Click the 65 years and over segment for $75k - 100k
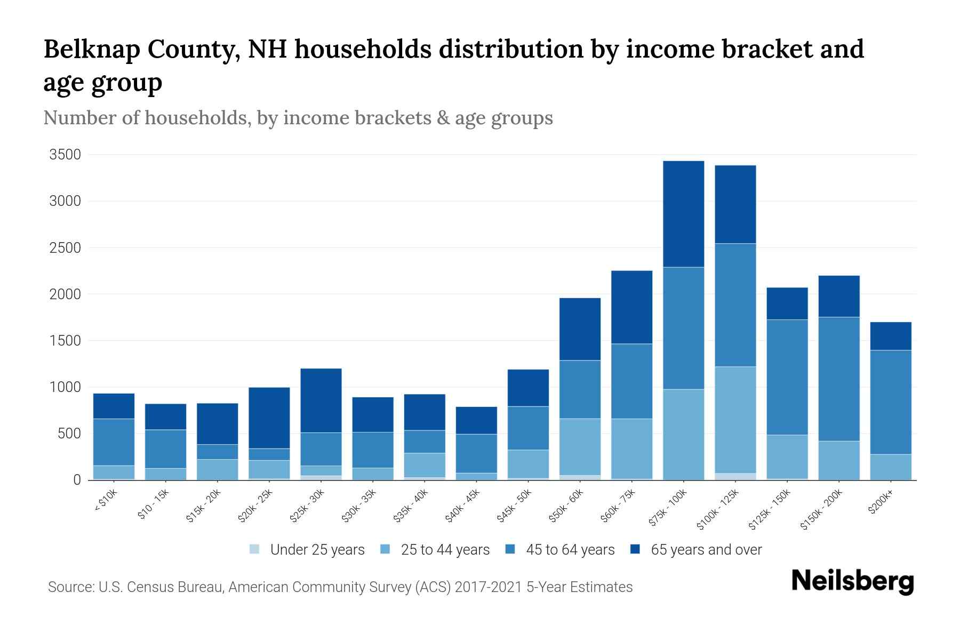(x=683, y=213)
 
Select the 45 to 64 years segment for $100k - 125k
(x=735, y=305)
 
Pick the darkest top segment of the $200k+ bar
(x=891, y=336)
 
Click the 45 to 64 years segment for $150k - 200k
(x=839, y=379)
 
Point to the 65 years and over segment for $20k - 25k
(x=269, y=418)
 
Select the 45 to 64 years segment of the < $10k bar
(x=114, y=442)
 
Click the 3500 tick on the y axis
(x=65, y=155)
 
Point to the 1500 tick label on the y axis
(x=65, y=341)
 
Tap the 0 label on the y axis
(x=77, y=480)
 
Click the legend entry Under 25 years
(x=317, y=550)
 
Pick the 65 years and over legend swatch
(x=635, y=549)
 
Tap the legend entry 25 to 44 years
(x=445, y=550)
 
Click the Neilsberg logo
(x=852, y=581)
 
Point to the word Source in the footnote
(x=70, y=587)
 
